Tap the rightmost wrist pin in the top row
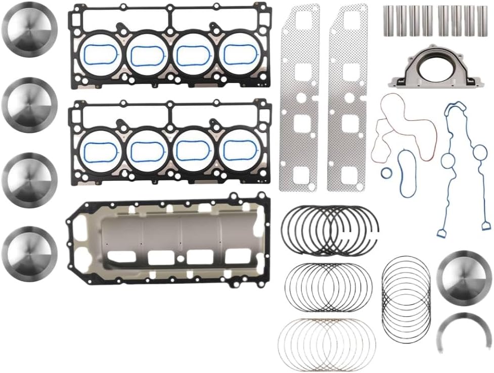coord(482,21)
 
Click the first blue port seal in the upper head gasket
coord(101,54)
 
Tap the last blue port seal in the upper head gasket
coord(240,54)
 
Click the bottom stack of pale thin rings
coord(327,343)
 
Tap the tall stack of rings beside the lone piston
coord(406,298)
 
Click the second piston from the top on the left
coord(29,105)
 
